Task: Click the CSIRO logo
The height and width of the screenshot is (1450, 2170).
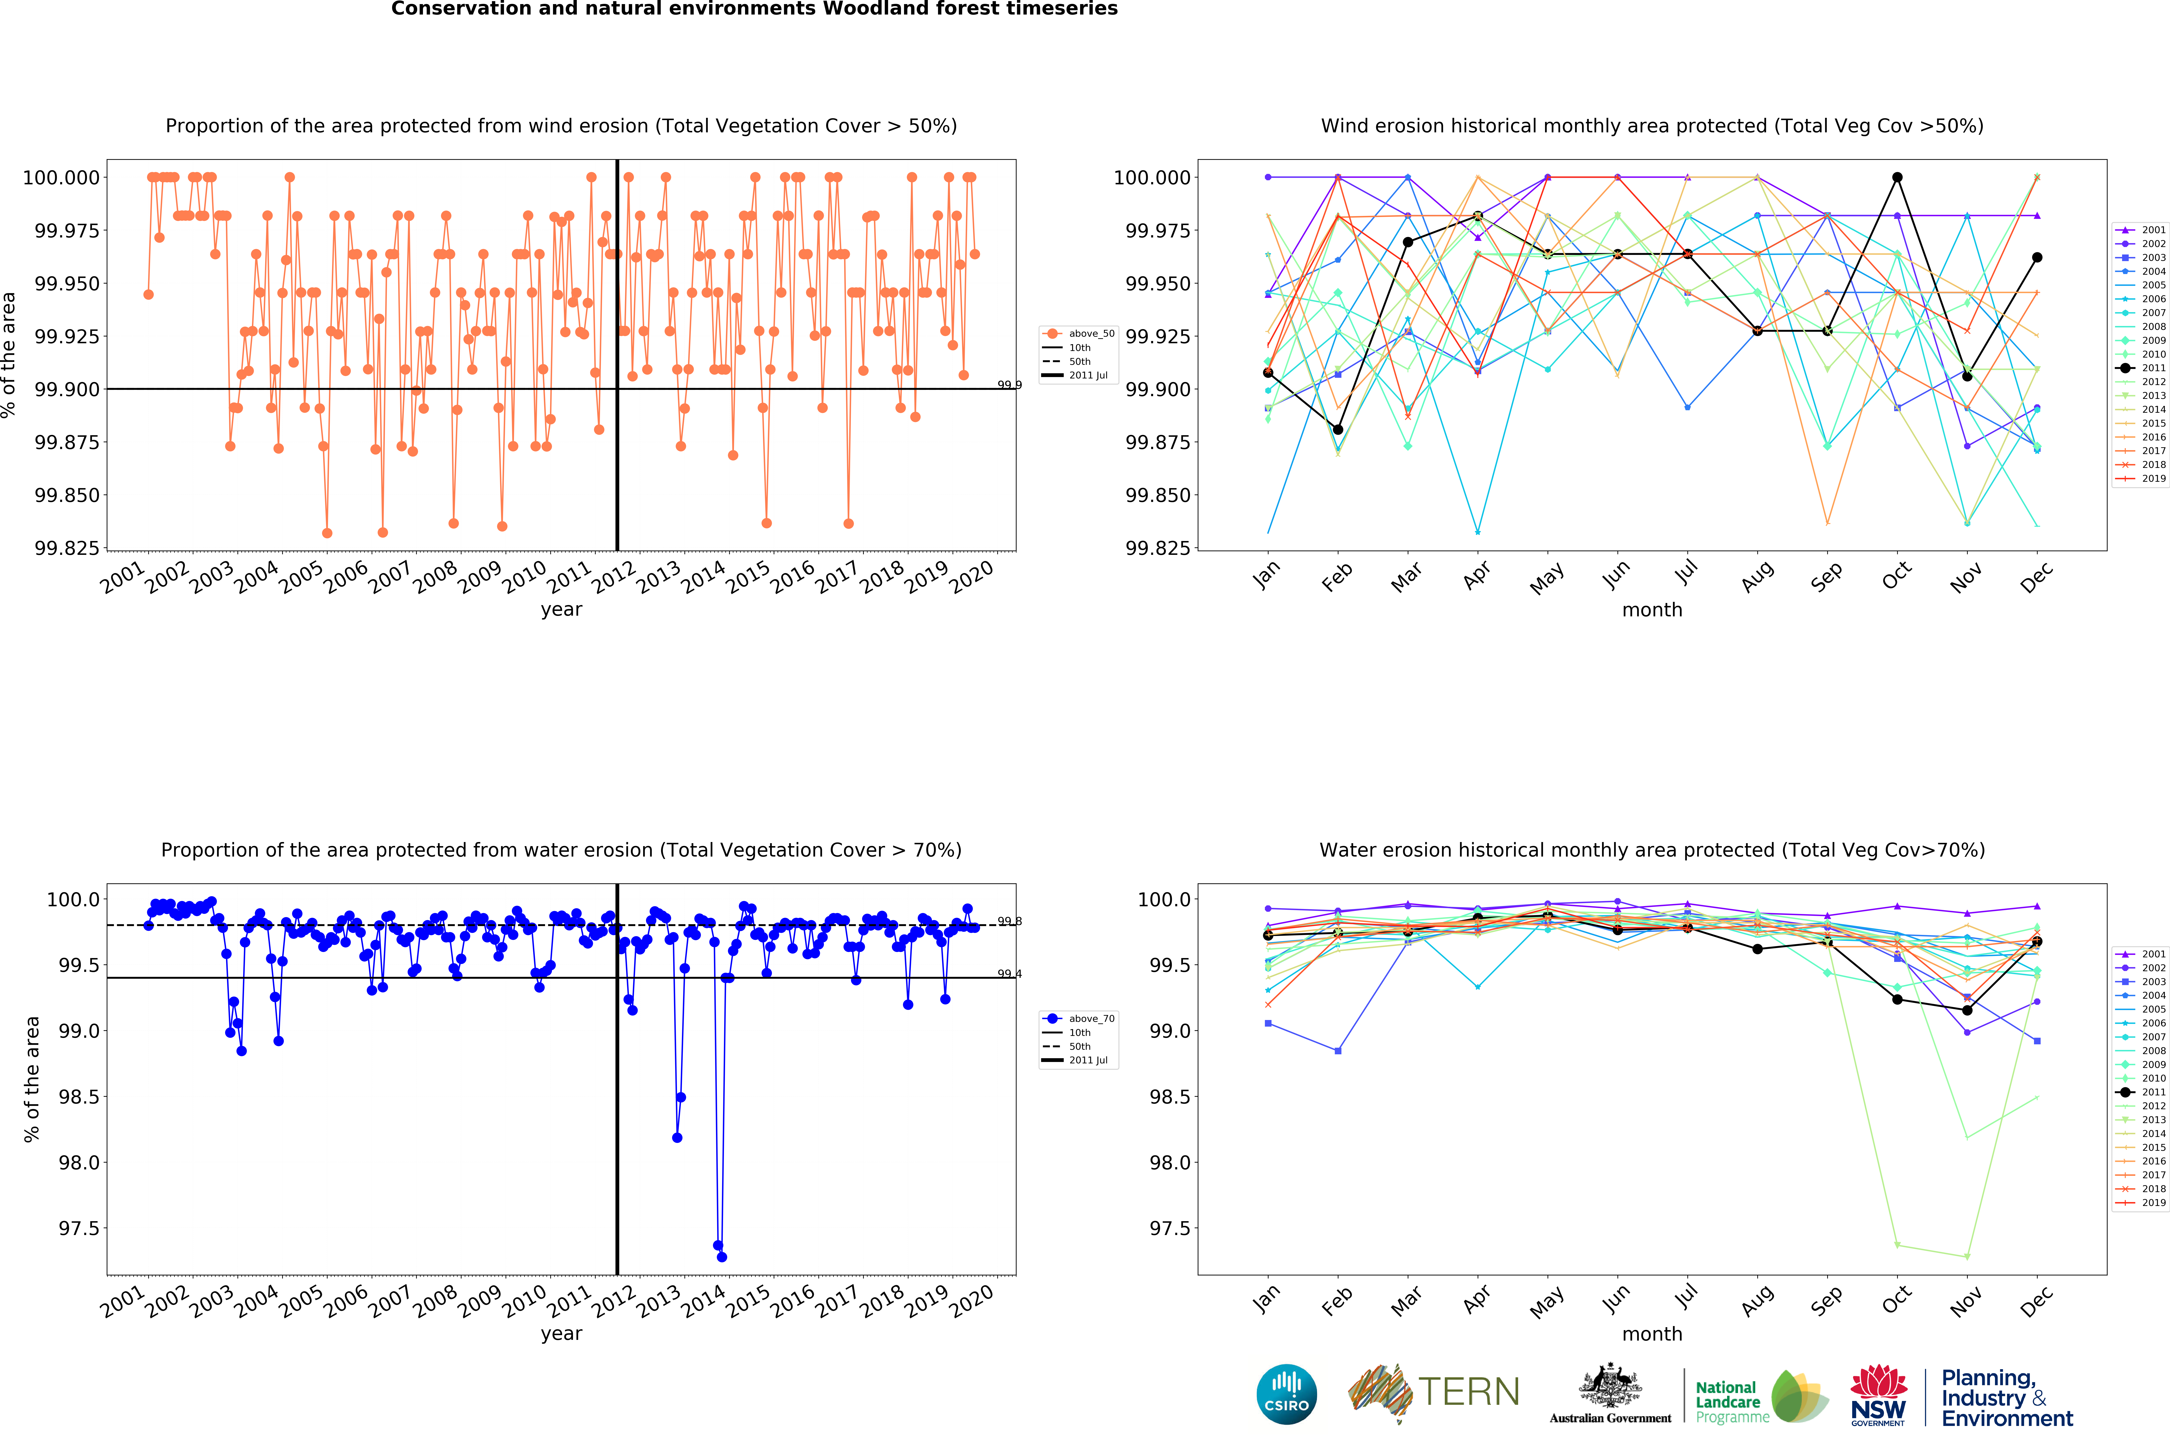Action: coord(1286,1394)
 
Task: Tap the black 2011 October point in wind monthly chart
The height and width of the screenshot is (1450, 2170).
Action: coord(1897,178)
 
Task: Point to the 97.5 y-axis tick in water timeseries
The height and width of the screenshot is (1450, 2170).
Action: coord(78,1228)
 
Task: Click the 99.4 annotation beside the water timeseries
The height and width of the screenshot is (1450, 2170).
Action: coord(1010,974)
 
